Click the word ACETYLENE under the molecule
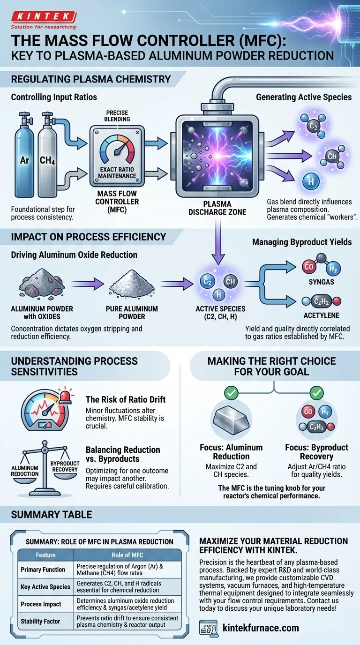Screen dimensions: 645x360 pyautogui.click(x=322, y=315)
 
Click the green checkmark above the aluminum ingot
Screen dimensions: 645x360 pyautogui.click(x=231, y=393)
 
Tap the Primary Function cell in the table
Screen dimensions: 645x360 pyautogui.click(x=43, y=570)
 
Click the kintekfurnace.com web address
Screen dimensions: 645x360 pyautogui.click(x=262, y=628)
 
